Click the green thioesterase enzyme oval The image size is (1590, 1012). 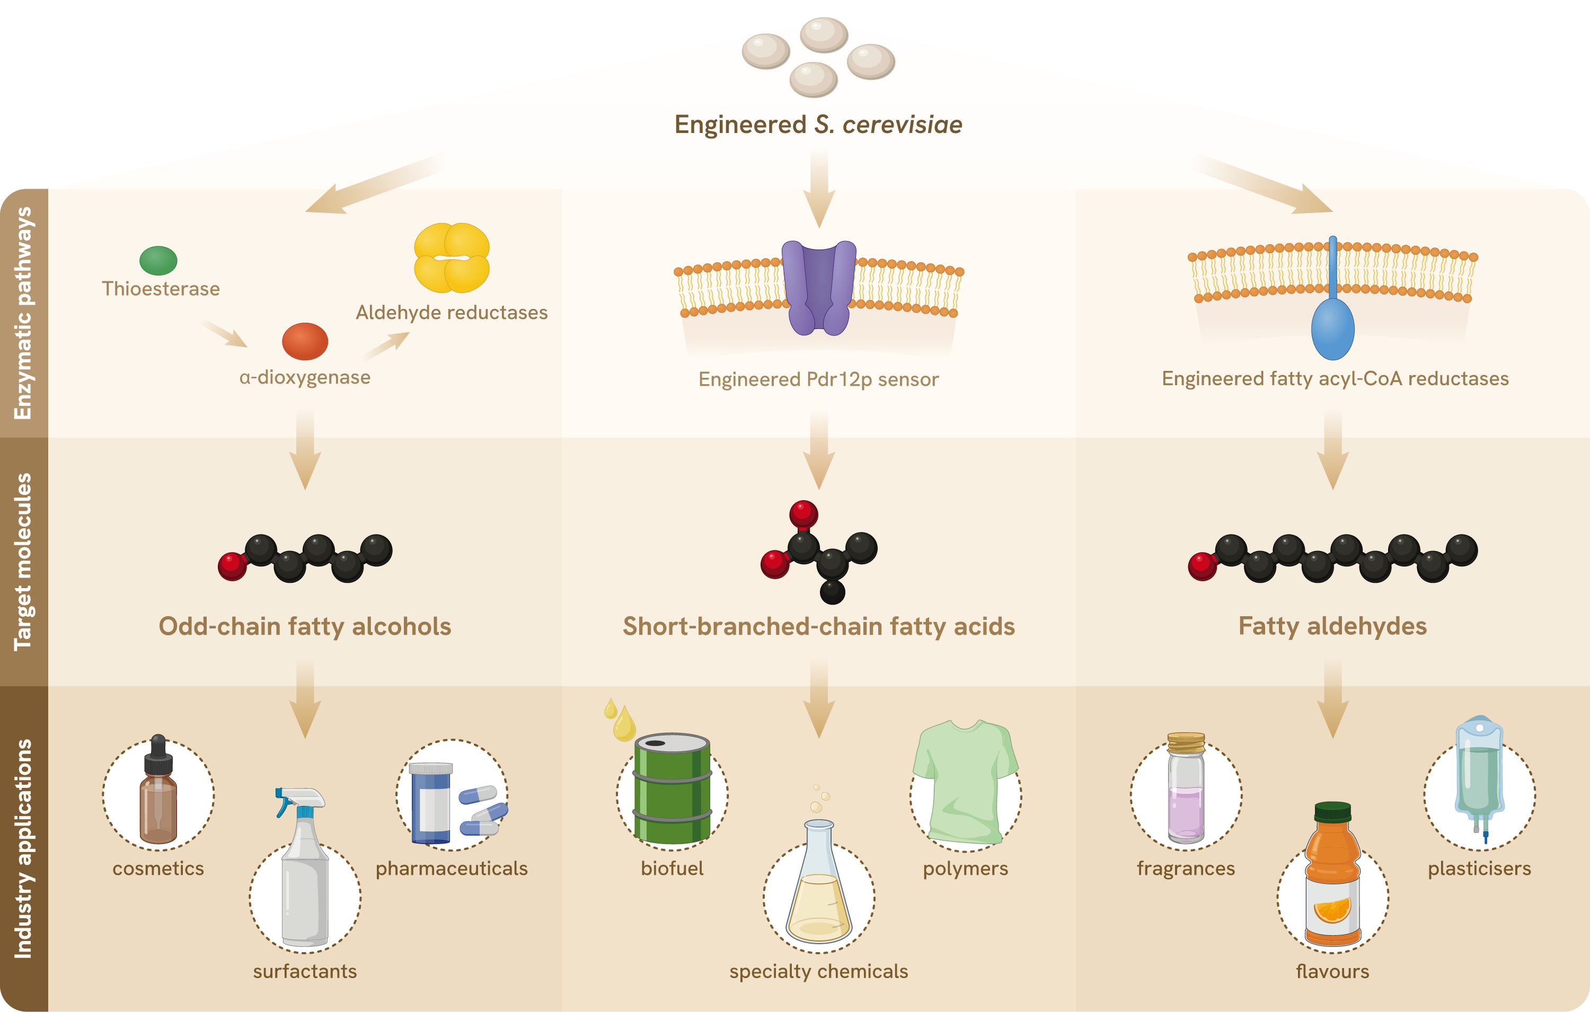(158, 260)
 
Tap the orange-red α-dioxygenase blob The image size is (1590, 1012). (305, 341)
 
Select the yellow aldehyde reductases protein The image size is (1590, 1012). (452, 258)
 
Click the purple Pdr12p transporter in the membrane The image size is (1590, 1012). (819, 287)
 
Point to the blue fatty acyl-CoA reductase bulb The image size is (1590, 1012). (1332, 328)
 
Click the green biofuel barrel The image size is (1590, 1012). (672, 789)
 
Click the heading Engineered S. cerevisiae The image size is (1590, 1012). (819, 124)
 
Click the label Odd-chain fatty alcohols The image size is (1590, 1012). (305, 626)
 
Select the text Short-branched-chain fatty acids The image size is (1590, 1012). (819, 626)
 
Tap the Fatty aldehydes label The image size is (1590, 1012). (1332, 626)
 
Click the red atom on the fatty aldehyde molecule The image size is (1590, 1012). (1202, 566)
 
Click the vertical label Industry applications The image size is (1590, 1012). (23, 848)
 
